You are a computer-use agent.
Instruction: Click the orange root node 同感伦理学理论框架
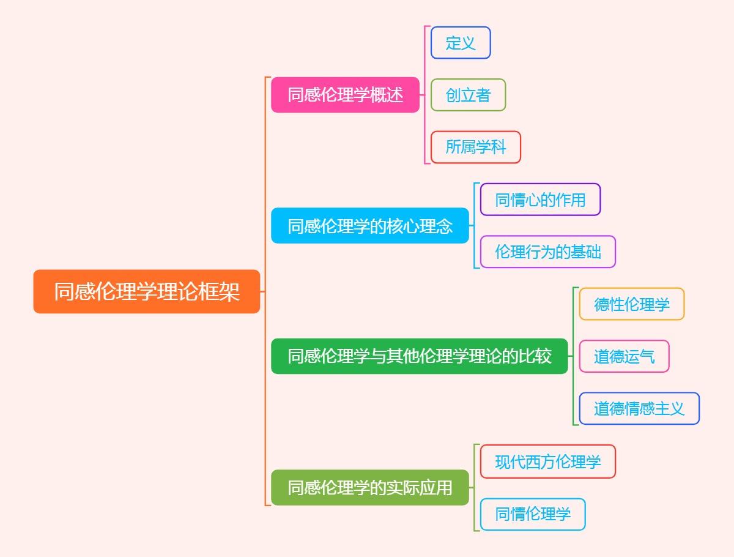tap(147, 291)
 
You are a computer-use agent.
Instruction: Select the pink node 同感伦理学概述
tap(345, 95)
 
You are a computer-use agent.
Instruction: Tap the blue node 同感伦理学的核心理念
tap(369, 226)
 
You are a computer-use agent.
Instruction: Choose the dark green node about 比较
tap(420, 356)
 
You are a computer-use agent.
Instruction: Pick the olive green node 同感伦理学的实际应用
tap(369, 487)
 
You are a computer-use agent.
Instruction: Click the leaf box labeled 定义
tap(461, 43)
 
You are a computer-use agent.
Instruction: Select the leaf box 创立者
tap(468, 95)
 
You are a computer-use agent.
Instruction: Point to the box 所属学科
tap(475, 148)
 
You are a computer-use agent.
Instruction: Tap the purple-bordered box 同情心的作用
tap(540, 200)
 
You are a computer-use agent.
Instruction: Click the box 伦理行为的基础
tap(547, 252)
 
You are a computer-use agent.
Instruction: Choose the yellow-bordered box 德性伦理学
tap(631, 304)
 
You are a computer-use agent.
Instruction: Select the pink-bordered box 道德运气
tap(624, 356)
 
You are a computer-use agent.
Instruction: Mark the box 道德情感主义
tap(639, 408)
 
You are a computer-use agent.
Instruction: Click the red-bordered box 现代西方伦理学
tap(547, 462)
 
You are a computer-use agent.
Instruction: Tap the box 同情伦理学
tap(532, 514)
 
